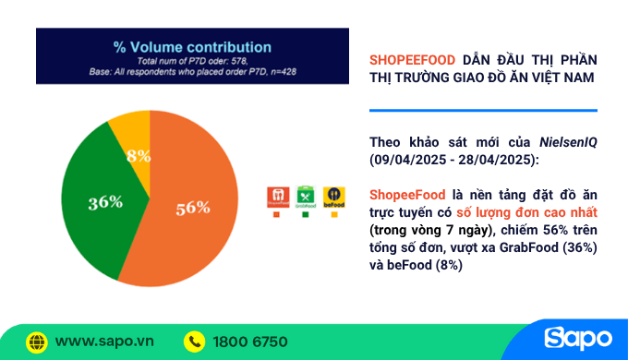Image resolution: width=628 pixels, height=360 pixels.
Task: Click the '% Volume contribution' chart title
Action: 192,46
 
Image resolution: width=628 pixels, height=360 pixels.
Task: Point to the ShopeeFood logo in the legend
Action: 274,197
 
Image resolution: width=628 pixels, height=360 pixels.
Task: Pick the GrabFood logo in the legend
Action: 305,197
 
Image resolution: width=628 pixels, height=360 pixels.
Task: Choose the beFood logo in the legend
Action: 334,197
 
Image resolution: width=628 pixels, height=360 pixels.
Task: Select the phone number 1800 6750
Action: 249,341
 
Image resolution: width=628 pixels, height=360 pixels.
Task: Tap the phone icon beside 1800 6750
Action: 194,341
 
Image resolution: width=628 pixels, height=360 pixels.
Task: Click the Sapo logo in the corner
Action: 577,339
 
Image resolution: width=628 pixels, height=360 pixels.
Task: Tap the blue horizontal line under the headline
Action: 482,111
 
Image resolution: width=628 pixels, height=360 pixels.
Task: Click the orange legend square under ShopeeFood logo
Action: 274,215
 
